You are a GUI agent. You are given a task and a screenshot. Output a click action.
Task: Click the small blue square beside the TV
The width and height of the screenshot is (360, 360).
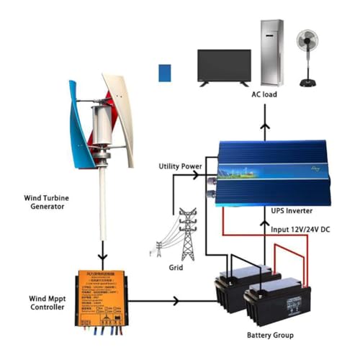pos(166,73)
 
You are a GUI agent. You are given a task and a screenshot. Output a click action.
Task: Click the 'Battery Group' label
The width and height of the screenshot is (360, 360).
pos(269,335)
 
